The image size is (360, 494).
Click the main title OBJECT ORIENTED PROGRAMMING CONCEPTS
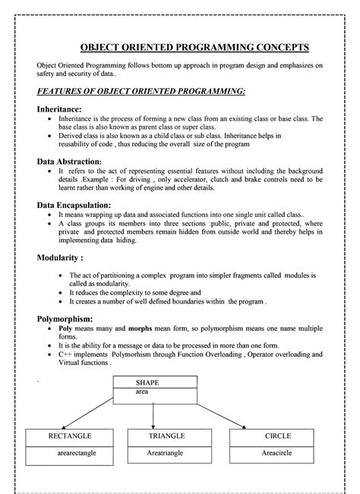pyautogui.click(x=179, y=47)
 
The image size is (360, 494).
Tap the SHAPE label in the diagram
pyautogui.click(x=147, y=383)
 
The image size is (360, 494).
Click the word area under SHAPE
pyautogui.click(x=142, y=392)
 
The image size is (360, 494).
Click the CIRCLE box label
pyautogui.click(x=278, y=437)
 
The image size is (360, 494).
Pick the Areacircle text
pyautogui.click(x=278, y=453)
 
